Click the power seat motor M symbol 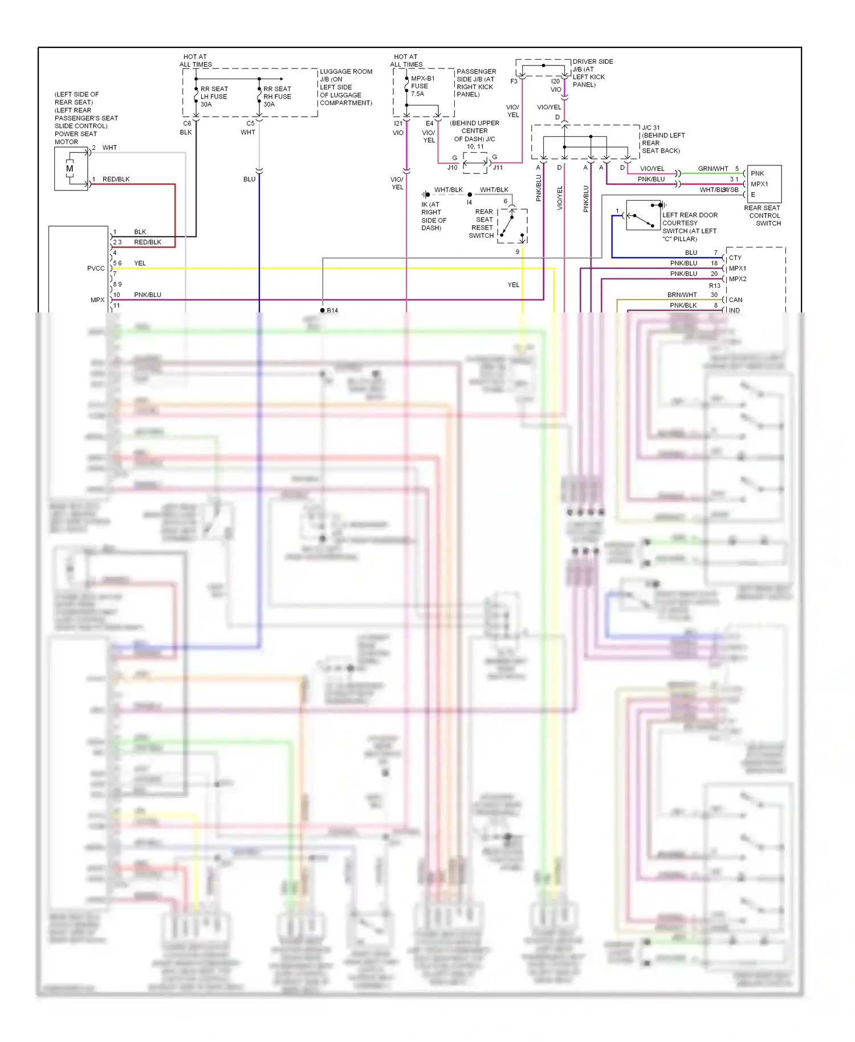click(70, 169)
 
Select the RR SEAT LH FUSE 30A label click(213, 96)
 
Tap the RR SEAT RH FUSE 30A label click(276, 96)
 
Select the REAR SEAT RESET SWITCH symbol click(512, 226)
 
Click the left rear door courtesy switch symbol click(643, 215)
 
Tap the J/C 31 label click(650, 128)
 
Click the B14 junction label click(332, 310)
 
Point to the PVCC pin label click(96, 268)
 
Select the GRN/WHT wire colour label click(712, 169)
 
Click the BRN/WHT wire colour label click(682, 295)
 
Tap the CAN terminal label click(735, 300)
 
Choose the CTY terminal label click(735, 258)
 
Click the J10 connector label click(452, 168)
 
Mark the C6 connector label click(187, 123)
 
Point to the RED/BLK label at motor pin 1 click(116, 179)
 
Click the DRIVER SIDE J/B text click(592, 62)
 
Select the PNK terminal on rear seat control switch click(757, 173)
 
